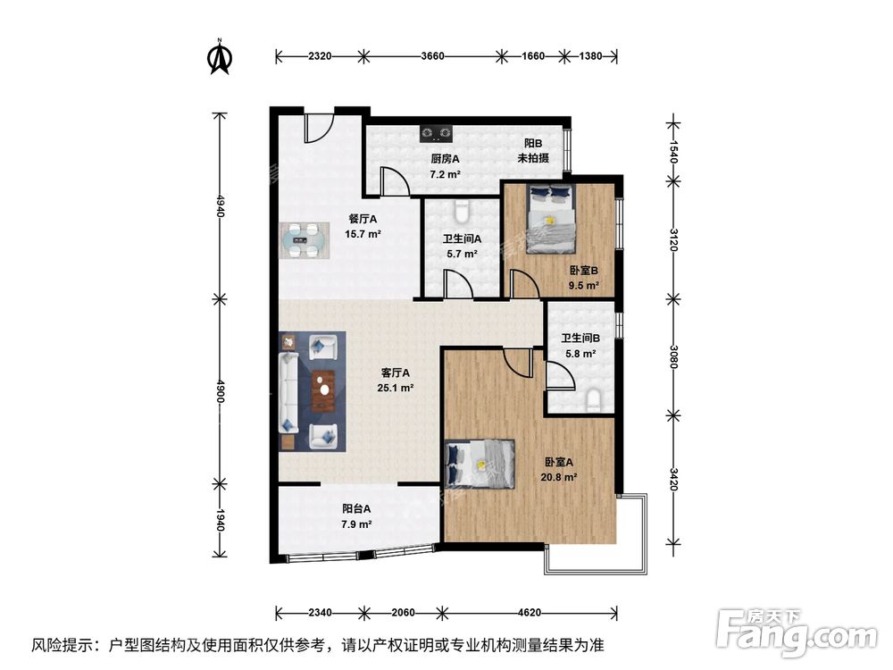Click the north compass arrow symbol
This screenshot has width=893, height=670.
(220, 56)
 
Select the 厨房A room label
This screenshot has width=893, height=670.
(445, 159)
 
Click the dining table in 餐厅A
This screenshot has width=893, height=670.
(304, 240)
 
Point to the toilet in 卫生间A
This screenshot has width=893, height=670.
(462, 211)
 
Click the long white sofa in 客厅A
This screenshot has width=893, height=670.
(289, 391)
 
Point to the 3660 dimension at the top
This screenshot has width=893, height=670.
(432, 56)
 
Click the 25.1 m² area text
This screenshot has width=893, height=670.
(395, 388)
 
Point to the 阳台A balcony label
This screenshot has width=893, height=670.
(355, 508)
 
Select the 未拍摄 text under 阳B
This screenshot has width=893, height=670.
(533, 158)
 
